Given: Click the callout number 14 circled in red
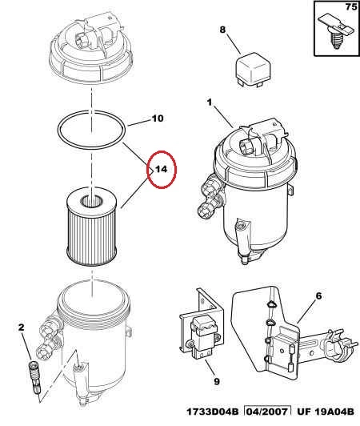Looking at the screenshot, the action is pos(161,170).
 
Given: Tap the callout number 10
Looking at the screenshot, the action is pos(158,119).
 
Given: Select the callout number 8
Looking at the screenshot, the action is pos(222,30).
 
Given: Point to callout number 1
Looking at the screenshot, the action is pos(210,102).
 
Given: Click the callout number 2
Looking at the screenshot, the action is pos(21,328).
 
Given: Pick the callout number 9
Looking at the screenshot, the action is pos(216,382).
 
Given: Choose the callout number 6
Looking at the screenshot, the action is pos(318,295).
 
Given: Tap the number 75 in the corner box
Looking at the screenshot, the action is pos(351,6).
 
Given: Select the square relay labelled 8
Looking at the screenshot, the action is pos(254,69).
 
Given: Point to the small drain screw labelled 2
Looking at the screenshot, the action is pos(35,376).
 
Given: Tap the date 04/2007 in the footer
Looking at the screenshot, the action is pos(267,412).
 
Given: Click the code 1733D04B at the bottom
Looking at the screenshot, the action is pos(213,412).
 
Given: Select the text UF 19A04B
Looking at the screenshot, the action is pos(326,412).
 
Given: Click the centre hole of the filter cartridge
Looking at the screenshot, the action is pos(92,202).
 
